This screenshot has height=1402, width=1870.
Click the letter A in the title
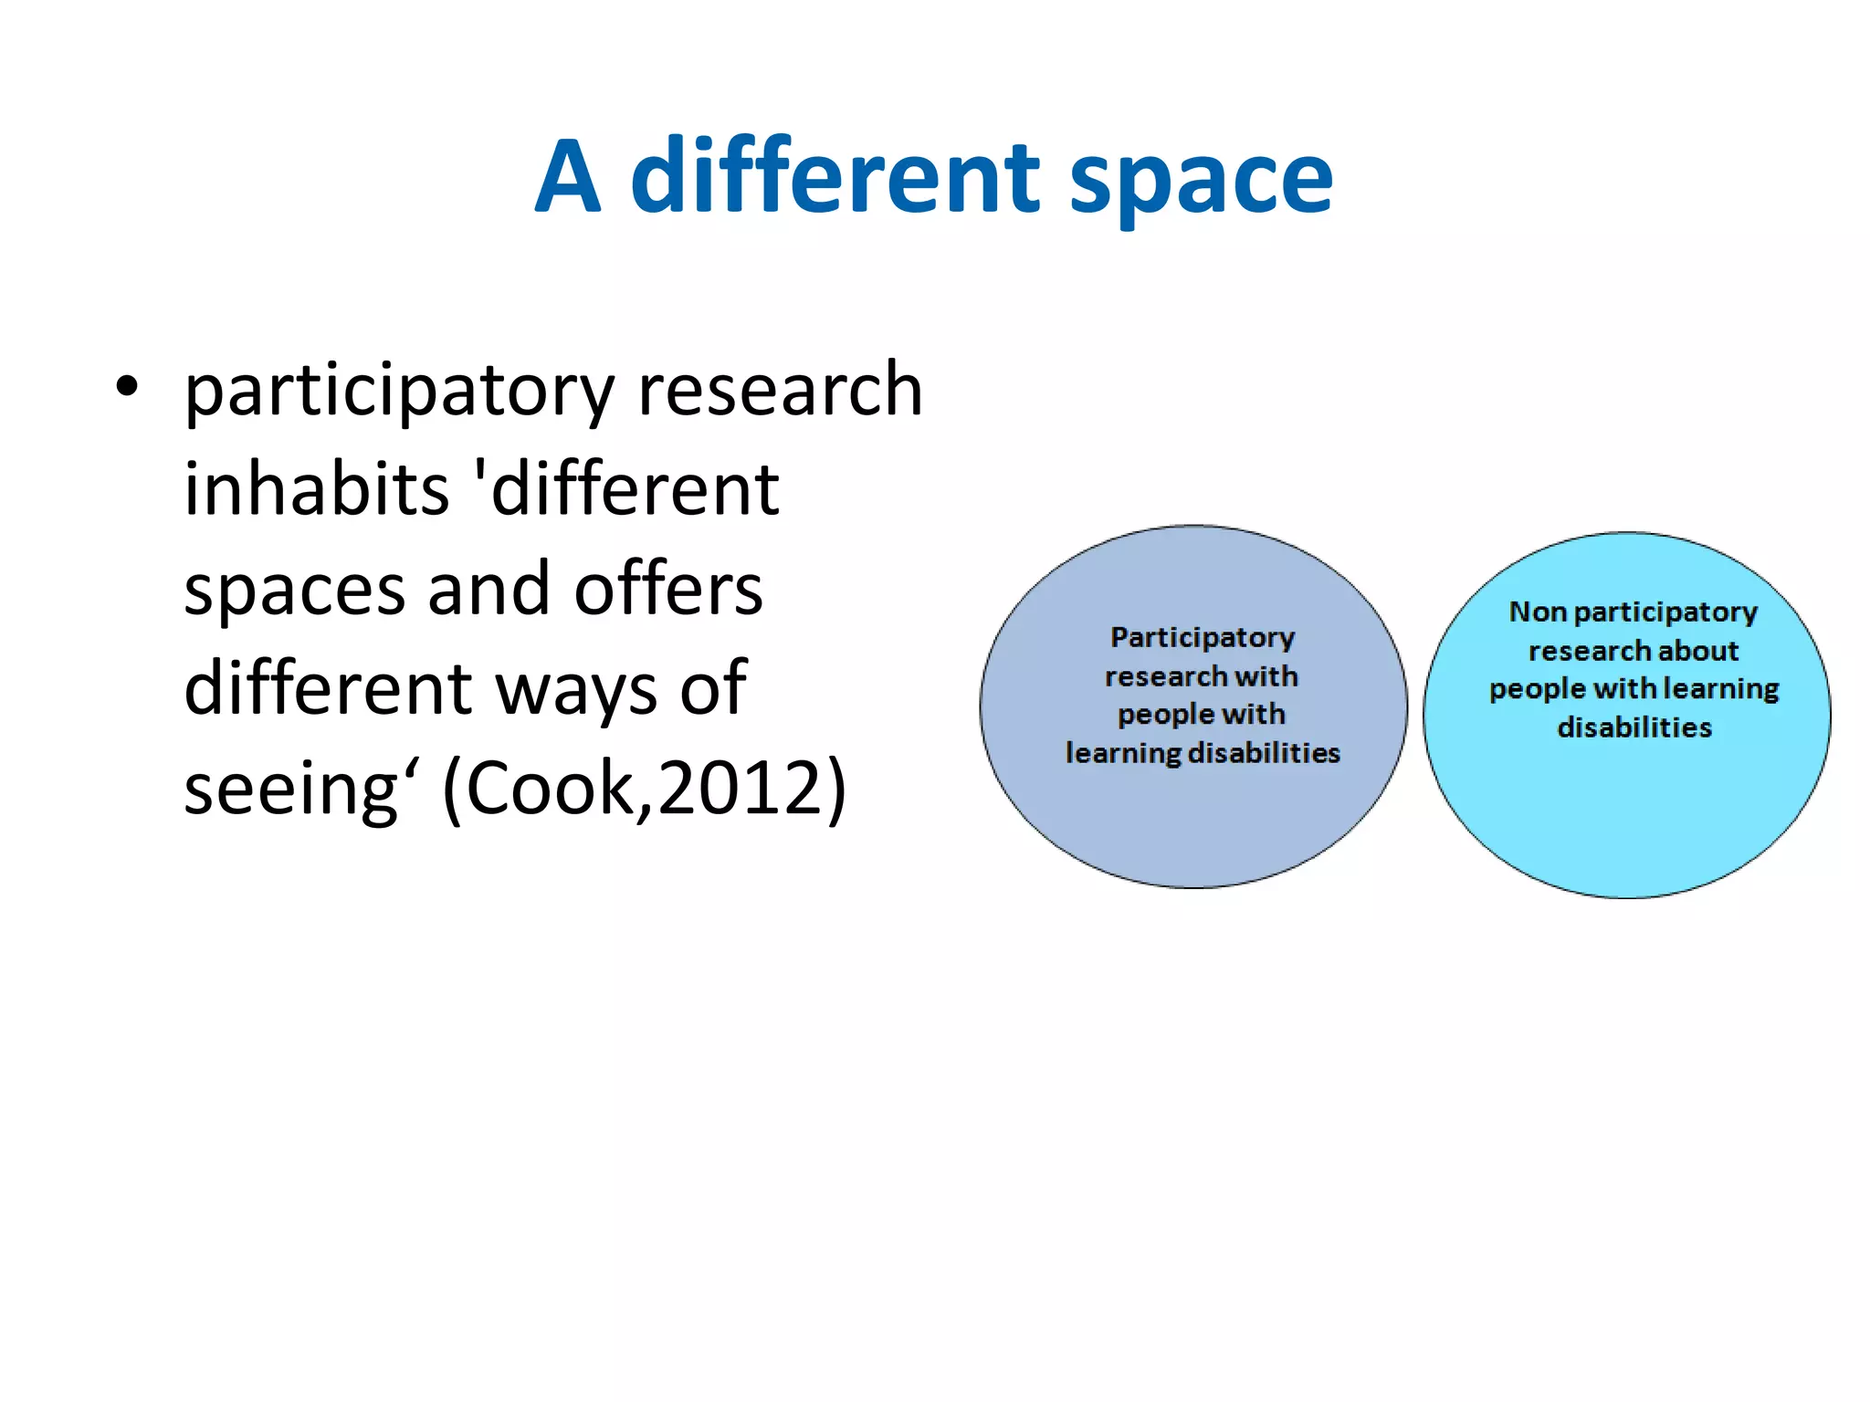tap(568, 178)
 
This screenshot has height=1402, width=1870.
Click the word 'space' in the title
tap(1201, 180)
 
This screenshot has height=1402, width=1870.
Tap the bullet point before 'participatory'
tap(127, 387)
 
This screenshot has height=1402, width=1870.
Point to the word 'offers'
tap(668, 590)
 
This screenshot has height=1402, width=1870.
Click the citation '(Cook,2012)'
tap(645, 789)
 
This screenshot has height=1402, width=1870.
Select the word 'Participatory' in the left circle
tap(1203, 637)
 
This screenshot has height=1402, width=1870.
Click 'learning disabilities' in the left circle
tap(1203, 753)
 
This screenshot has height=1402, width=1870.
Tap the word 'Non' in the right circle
tap(1538, 612)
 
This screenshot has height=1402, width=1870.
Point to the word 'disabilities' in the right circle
tap(1634, 727)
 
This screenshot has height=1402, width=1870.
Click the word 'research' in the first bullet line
tap(781, 390)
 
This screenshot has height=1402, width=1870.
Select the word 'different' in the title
tap(835, 178)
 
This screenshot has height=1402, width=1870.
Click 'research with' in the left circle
tap(1201, 676)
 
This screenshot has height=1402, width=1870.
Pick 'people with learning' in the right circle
tap(1634, 689)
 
